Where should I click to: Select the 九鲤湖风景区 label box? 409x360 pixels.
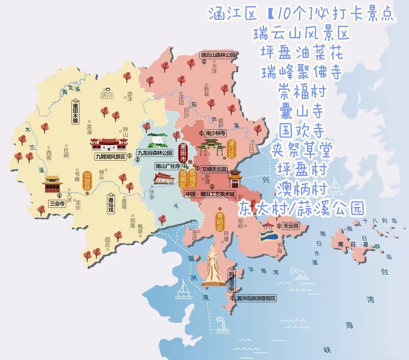110,156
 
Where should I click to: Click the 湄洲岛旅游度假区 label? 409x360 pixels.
256,298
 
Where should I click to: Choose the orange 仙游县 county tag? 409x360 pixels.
87,181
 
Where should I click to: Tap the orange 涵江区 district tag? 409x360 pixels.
232,149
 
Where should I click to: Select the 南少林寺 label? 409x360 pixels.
215,133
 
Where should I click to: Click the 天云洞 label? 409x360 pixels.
292,226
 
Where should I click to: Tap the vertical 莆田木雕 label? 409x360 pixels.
76,111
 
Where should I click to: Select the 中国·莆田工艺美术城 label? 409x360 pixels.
210,194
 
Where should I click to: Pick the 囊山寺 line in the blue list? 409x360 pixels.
301,112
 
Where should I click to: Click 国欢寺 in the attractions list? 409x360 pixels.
301,132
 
